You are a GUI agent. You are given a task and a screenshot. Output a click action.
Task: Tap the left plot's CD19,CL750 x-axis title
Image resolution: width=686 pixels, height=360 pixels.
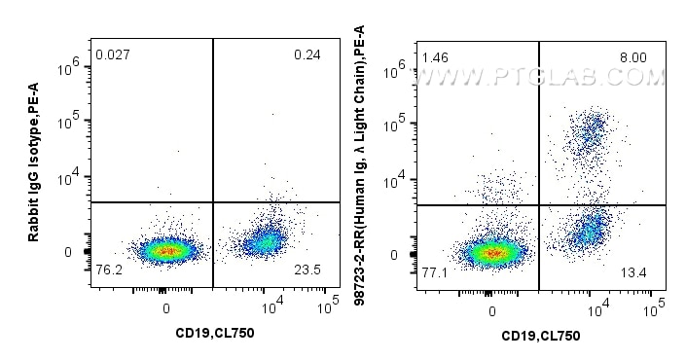coord(214,333)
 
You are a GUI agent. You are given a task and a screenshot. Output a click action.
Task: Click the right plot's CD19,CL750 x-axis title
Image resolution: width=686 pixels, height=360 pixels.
coord(540,336)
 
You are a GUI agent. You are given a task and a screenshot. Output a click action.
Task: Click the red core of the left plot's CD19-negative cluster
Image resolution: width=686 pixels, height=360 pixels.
coord(166,250)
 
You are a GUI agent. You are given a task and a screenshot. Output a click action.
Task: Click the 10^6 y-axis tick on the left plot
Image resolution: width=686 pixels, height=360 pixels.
coord(68,66)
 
